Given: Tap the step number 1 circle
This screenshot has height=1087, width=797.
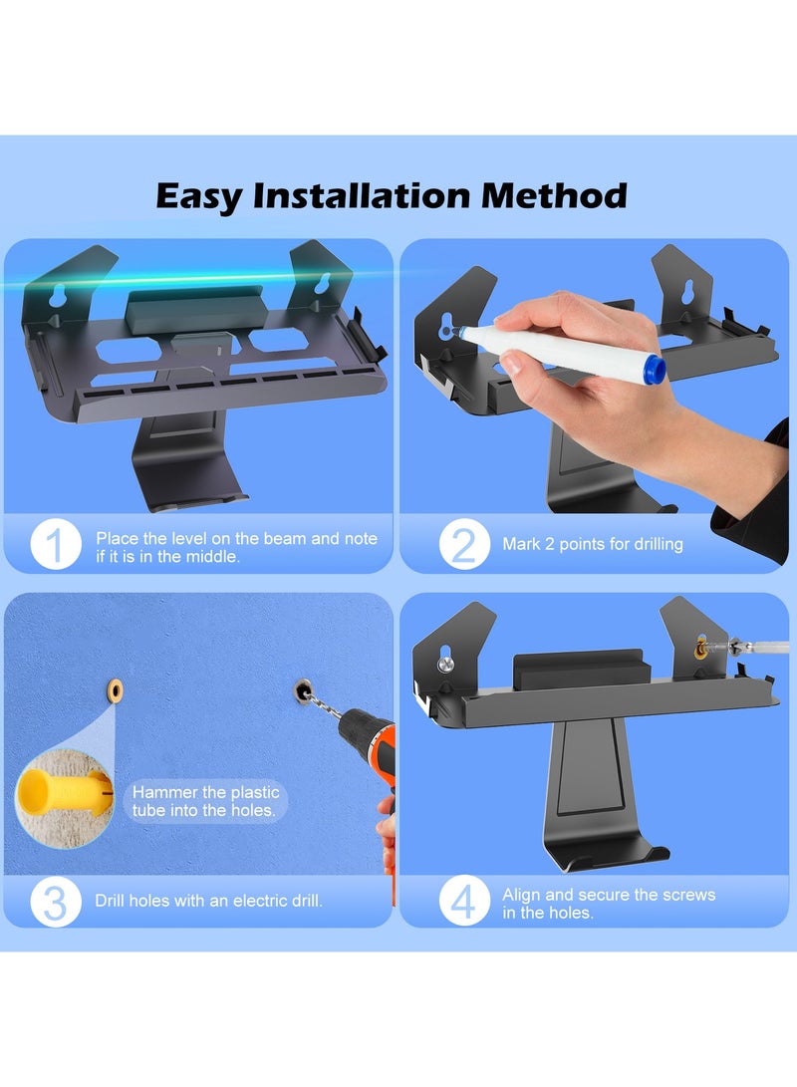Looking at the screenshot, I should click(x=56, y=544).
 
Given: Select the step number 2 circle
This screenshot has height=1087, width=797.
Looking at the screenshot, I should click(x=463, y=544).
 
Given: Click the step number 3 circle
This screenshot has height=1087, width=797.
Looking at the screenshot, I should click(x=56, y=902).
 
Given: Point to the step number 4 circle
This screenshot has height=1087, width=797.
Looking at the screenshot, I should click(x=463, y=902).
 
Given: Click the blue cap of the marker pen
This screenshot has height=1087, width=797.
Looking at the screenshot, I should click(x=653, y=370).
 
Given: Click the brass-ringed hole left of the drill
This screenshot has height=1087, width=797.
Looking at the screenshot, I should click(x=115, y=689).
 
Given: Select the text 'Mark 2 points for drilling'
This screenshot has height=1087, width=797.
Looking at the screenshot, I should click(x=593, y=545).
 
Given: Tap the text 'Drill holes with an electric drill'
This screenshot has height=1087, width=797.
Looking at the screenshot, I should click(x=209, y=902).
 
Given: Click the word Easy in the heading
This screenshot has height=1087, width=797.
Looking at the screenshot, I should click(x=199, y=195).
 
